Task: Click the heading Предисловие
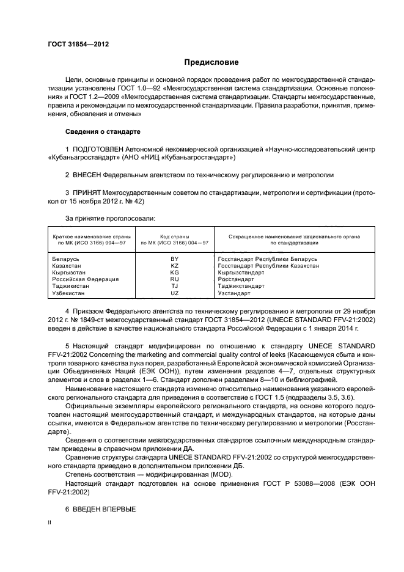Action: (211, 62)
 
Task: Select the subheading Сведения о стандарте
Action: (103, 131)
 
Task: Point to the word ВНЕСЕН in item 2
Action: (89, 175)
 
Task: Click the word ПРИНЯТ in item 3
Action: (87, 193)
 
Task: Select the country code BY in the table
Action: (174, 259)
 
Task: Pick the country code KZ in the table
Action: (174, 266)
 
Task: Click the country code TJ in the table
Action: (174, 286)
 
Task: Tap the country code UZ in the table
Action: (174, 293)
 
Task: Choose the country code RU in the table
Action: (174, 279)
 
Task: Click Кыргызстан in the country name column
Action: (69, 273)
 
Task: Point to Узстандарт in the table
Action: (233, 293)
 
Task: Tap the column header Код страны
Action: (174, 236)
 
